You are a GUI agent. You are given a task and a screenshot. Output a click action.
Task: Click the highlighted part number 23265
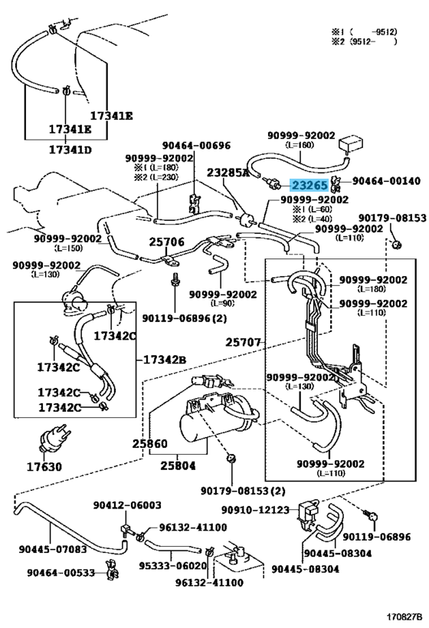click(309, 185)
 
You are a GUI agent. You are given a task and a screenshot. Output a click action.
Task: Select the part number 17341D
click(70, 150)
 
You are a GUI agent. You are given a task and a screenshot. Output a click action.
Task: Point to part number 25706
click(167, 242)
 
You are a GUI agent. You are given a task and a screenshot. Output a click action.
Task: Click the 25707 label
click(243, 343)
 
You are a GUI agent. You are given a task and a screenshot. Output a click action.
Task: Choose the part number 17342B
click(164, 360)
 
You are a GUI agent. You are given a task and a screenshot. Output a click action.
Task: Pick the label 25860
click(150, 444)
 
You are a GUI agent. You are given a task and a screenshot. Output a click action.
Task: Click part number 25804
click(178, 465)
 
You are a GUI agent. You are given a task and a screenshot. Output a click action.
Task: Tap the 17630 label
click(44, 467)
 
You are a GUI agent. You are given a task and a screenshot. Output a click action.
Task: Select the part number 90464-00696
click(196, 145)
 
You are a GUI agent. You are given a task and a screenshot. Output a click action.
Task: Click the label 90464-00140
click(386, 181)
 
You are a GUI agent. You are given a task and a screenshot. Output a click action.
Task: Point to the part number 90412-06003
click(127, 505)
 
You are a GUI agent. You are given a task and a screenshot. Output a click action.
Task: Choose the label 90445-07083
click(53, 549)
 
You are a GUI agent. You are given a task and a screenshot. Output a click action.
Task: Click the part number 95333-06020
click(173, 566)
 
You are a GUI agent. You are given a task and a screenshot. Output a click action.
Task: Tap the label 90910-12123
click(255, 510)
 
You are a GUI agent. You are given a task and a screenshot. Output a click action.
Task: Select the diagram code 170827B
click(404, 616)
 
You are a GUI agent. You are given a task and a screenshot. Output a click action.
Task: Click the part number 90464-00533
click(61, 573)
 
